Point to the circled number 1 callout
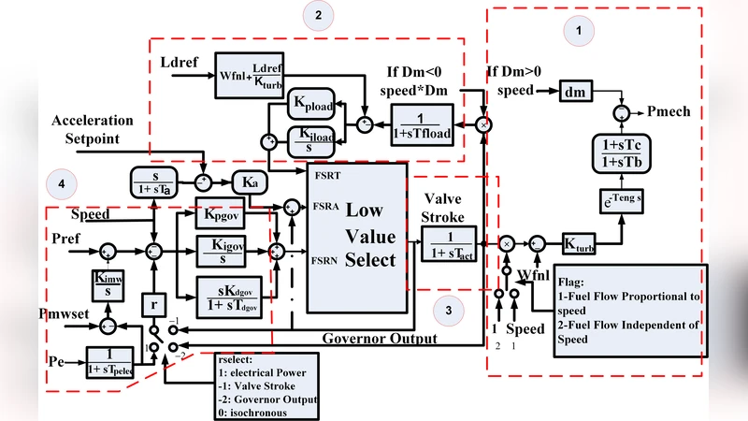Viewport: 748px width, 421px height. coord(578,31)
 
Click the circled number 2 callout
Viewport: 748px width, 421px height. coord(318,15)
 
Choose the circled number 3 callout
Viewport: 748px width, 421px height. coord(449,310)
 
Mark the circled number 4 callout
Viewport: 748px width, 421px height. coord(61,183)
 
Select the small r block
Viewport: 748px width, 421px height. coord(152,304)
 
